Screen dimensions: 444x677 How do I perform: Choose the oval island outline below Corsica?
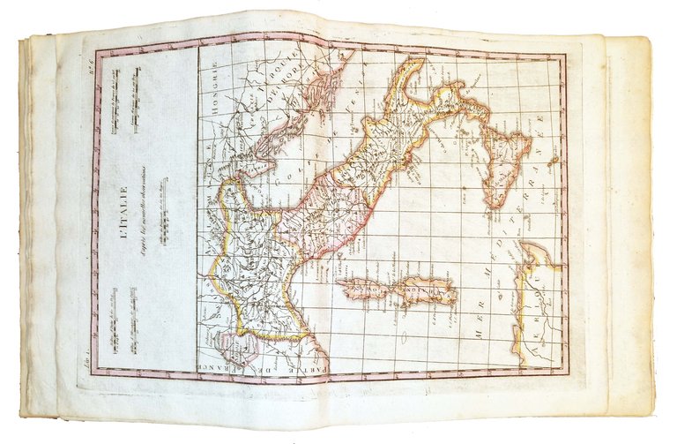pos(403,337)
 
